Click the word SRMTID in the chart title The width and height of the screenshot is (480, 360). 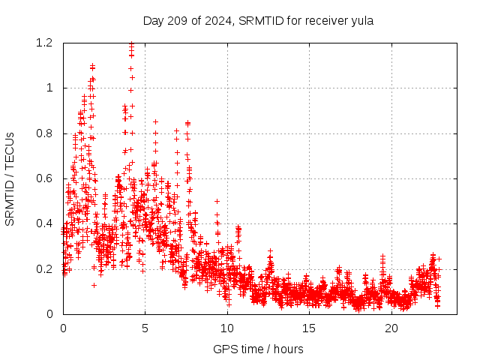point(259,21)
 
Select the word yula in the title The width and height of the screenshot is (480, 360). point(361,21)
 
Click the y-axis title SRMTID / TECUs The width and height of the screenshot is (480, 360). point(10,178)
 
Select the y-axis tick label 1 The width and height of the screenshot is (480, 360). point(49,88)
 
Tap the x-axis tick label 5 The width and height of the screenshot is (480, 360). point(145,328)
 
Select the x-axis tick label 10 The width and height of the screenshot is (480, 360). point(227,328)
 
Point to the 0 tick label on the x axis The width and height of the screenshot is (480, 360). point(63,328)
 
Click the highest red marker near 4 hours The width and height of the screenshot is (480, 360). point(131,43)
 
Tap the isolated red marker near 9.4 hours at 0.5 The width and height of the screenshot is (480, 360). point(217,201)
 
